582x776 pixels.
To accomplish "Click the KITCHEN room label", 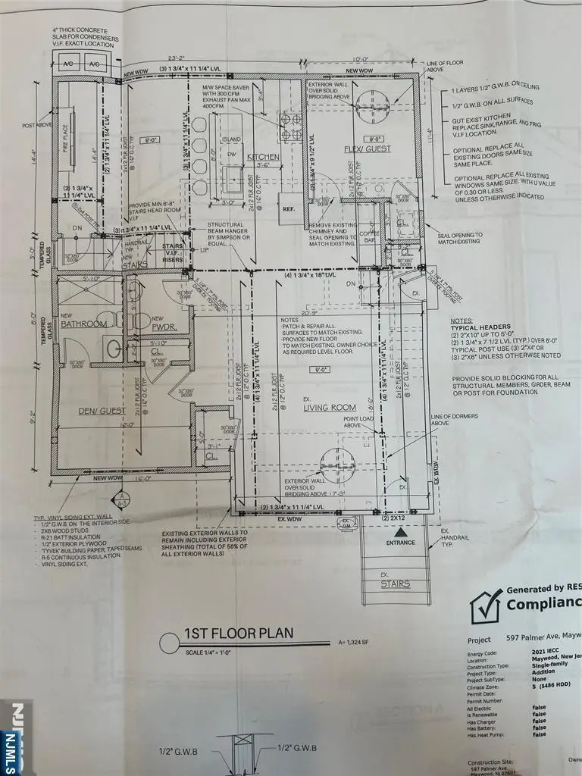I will (263, 157).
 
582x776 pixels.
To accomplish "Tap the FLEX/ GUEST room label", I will (367, 149).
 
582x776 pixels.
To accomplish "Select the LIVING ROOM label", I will (330, 408).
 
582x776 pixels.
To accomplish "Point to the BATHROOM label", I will (84, 324).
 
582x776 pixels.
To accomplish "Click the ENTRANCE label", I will (400, 542).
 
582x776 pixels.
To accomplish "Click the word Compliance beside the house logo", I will (543, 605).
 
